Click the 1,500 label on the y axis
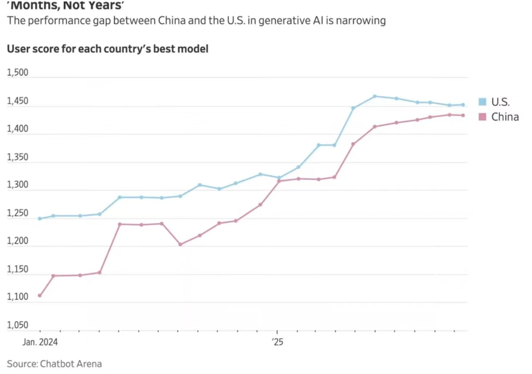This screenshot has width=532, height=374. [x=17, y=72]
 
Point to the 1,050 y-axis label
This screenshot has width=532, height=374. [x=17, y=325]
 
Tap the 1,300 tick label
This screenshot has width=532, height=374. [x=17, y=185]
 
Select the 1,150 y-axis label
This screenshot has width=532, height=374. [x=17, y=269]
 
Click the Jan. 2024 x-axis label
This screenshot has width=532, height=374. [x=40, y=342]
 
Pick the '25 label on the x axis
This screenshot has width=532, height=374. [x=278, y=342]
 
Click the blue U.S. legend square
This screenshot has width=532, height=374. [x=482, y=102]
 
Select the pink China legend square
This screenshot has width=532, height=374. [x=482, y=117]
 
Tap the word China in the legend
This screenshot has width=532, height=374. [x=505, y=117]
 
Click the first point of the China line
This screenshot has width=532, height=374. [x=40, y=296]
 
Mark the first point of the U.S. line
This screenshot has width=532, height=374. [x=40, y=219]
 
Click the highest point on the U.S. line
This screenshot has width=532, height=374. [x=375, y=96]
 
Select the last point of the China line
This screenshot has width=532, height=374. [x=463, y=115]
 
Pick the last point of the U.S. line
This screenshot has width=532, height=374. [x=463, y=105]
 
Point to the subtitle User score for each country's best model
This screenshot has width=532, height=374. [x=108, y=49]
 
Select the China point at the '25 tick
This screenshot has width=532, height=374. [x=279, y=181]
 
